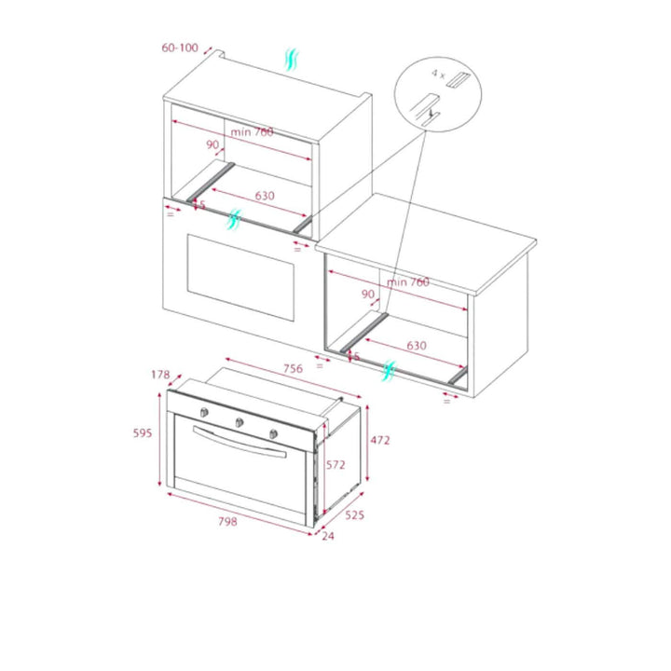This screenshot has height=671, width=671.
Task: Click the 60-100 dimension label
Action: click(x=180, y=48)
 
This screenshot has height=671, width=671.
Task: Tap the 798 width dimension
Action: click(x=227, y=521)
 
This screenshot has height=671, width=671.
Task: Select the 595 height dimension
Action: click(x=143, y=433)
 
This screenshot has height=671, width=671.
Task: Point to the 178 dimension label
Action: click(x=160, y=375)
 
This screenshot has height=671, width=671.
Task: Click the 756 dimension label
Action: click(x=294, y=368)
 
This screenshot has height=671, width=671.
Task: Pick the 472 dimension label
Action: click(x=380, y=440)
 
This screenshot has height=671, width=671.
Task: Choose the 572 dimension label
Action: click(x=335, y=464)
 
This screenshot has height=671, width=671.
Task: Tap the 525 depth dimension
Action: click(x=355, y=514)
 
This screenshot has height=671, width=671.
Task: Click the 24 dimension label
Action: click(x=328, y=536)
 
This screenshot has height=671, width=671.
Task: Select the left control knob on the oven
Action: click(x=204, y=412)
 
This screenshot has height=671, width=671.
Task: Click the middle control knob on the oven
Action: click(x=240, y=423)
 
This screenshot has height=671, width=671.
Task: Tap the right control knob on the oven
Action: click(x=273, y=434)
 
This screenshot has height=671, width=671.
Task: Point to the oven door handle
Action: click(x=240, y=442)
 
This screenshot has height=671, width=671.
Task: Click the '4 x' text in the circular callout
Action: click(x=438, y=74)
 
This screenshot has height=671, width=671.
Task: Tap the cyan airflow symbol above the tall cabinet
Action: click(x=292, y=60)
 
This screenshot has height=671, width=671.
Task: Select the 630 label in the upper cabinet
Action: click(x=265, y=196)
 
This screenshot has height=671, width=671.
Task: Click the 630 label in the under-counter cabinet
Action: click(x=417, y=346)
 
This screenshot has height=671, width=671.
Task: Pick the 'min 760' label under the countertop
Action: click(x=408, y=281)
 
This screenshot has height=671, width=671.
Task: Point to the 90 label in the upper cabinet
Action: click(x=212, y=144)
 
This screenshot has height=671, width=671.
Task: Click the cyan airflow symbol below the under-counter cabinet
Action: click(x=389, y=371)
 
